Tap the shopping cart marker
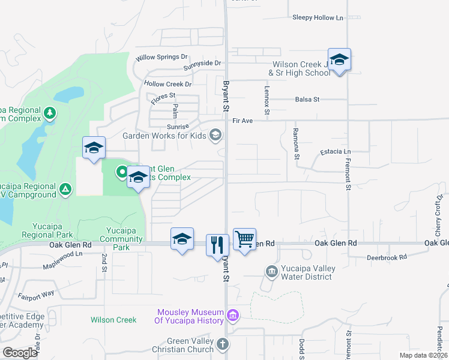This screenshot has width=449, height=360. pyautogui.click(x=244, y=239)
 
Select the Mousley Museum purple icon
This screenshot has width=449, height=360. pyautogui.click(x=233, y=314)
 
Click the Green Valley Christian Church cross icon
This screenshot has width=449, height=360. pyautogui.click(x=223, y=344)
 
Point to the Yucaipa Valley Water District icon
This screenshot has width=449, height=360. pyautogui.click(x=272, y=272)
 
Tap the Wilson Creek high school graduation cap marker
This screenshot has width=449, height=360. pyautogui.click(x=339, y=59)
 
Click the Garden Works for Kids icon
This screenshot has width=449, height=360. pyautogui.click(x=215, y=136)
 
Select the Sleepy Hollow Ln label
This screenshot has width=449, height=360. pyautogui.click(x=318, y=17)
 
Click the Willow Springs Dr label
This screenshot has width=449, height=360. pyautogui.click(x=161, y=58)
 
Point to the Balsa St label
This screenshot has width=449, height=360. pyautogui.click(x=307, y=99)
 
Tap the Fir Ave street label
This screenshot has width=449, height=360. pyautogui.click(x=243, y=121)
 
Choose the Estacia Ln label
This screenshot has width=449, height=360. pyautogui.click(x=335, y=152)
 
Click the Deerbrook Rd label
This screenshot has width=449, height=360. pyautogui.click(x=387, y=257)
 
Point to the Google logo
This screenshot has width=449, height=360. pyautogui.click(x=20, y=353)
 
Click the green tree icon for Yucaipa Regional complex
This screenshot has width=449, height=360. pyautogui.click(x=50, y=112)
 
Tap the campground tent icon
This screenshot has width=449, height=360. pyautogui.click(x=66, y=190)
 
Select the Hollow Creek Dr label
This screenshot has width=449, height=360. pyautogui.click(x=167, y=85)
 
